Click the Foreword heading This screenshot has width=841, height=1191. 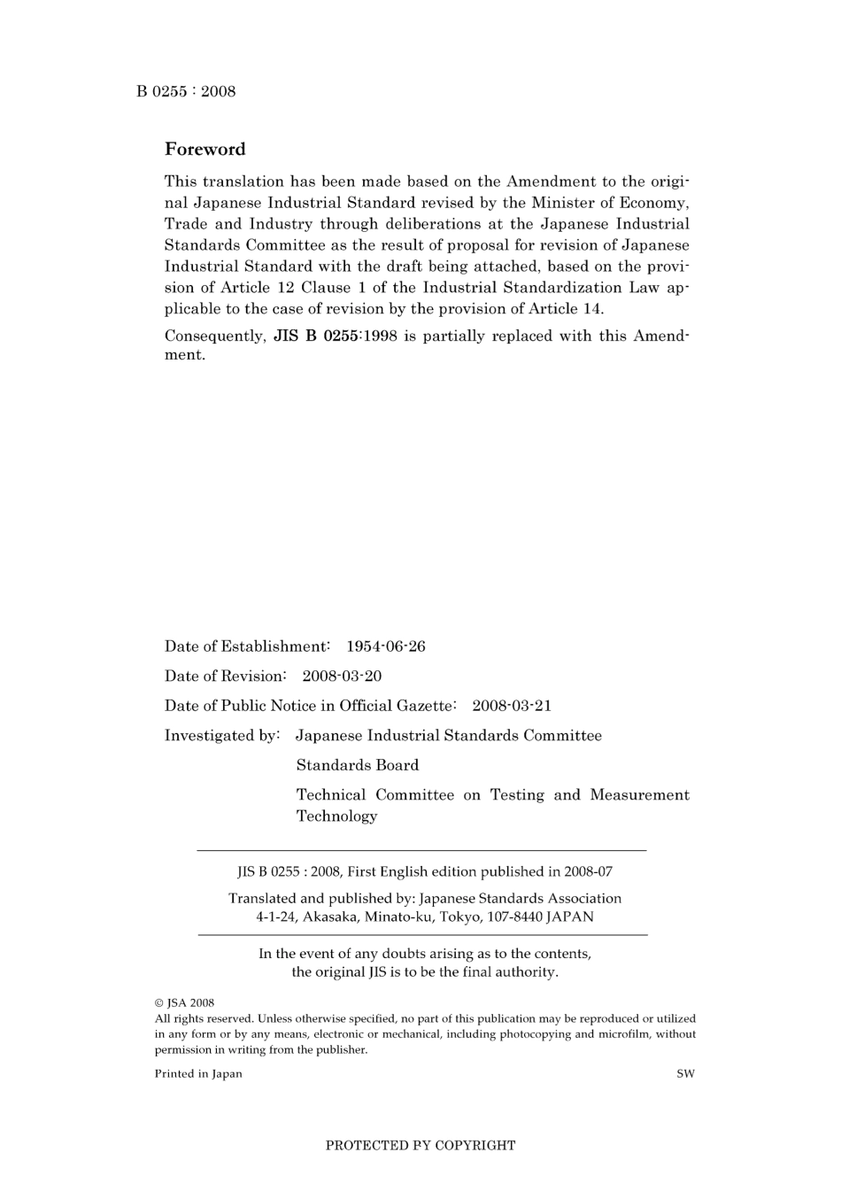click(204, 149)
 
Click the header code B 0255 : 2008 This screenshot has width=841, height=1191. click(186, 91)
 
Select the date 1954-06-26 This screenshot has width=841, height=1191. click(385, 646)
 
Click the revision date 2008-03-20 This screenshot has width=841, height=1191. click(342, 676)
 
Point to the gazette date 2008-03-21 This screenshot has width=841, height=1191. click(511, 706)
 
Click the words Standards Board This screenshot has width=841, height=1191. click(357, 765)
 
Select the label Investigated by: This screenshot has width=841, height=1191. click(222, 735)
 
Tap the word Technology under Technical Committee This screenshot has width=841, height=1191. click(336, 816)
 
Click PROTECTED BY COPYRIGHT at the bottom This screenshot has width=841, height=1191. click(420, 1145)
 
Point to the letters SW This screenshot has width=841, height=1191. click(685, 1074)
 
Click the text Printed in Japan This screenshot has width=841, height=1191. click(198, 1074)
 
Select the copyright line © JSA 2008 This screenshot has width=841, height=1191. click(184, 1003)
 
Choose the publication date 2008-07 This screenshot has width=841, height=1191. click(593, 871)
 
